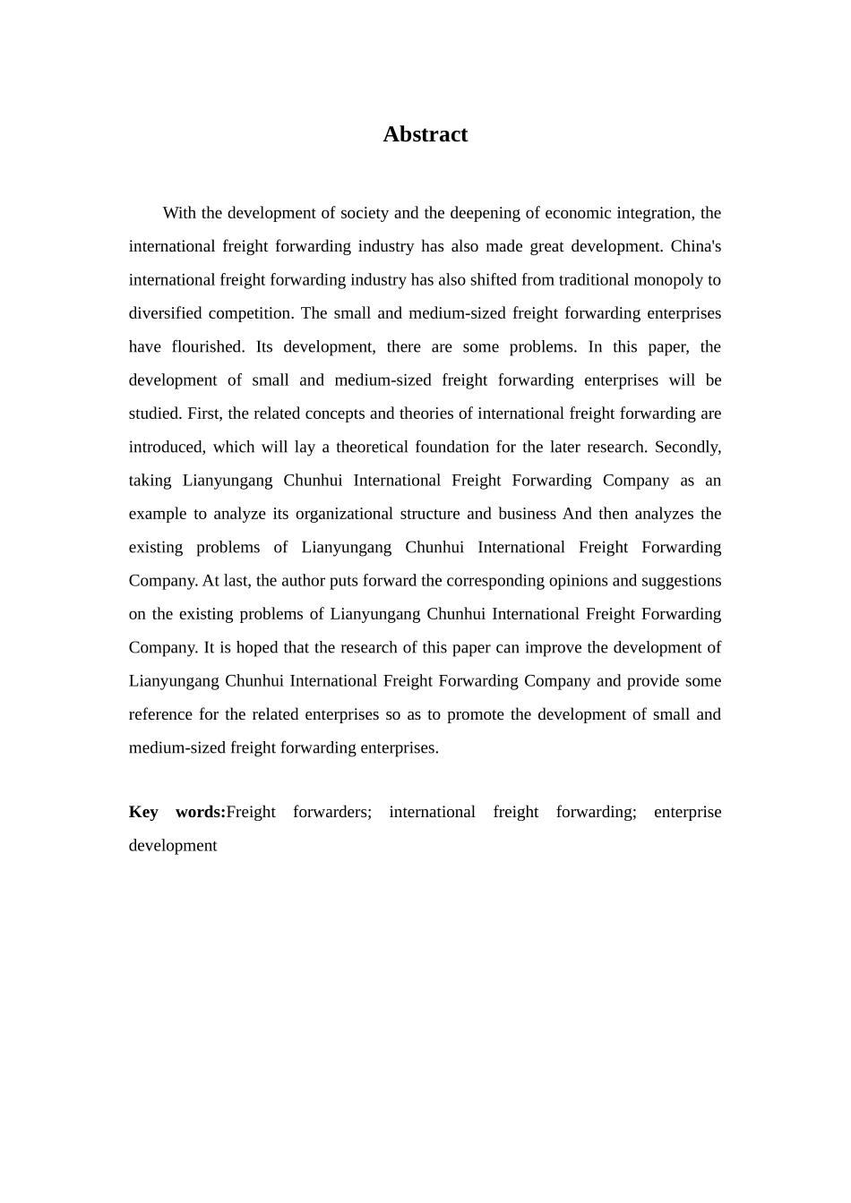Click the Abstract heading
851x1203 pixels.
[425, 134]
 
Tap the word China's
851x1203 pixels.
[696, 246]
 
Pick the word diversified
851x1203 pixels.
[166, 313]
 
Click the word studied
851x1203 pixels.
[154, 414]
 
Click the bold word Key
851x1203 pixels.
[143, 812]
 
